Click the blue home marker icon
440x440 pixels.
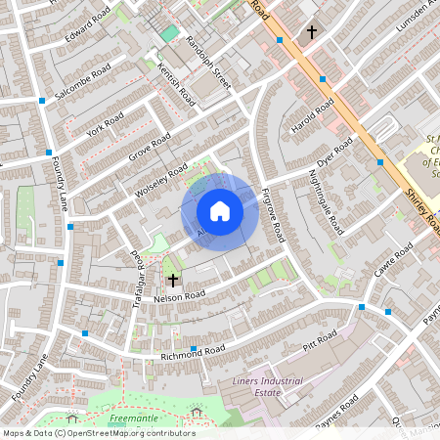pos(220,211)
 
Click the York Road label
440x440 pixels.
pos(104,125)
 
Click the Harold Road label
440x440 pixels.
pos(313,115)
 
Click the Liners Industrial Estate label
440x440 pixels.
pos(268,386)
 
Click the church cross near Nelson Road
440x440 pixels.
pos(173,280)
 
